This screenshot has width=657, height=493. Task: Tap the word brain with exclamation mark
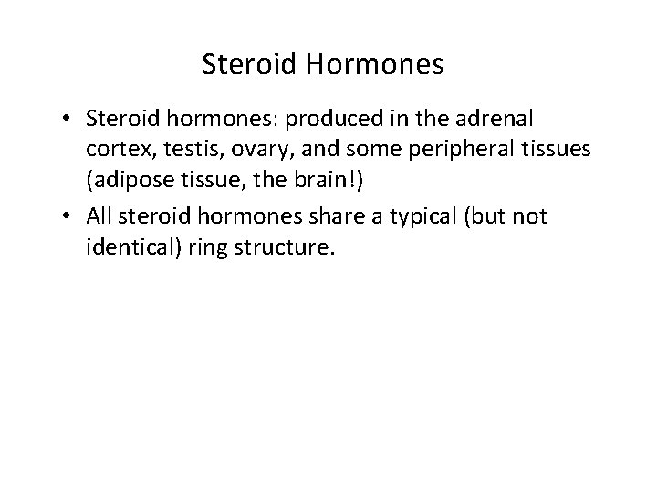tap(335, 183)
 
